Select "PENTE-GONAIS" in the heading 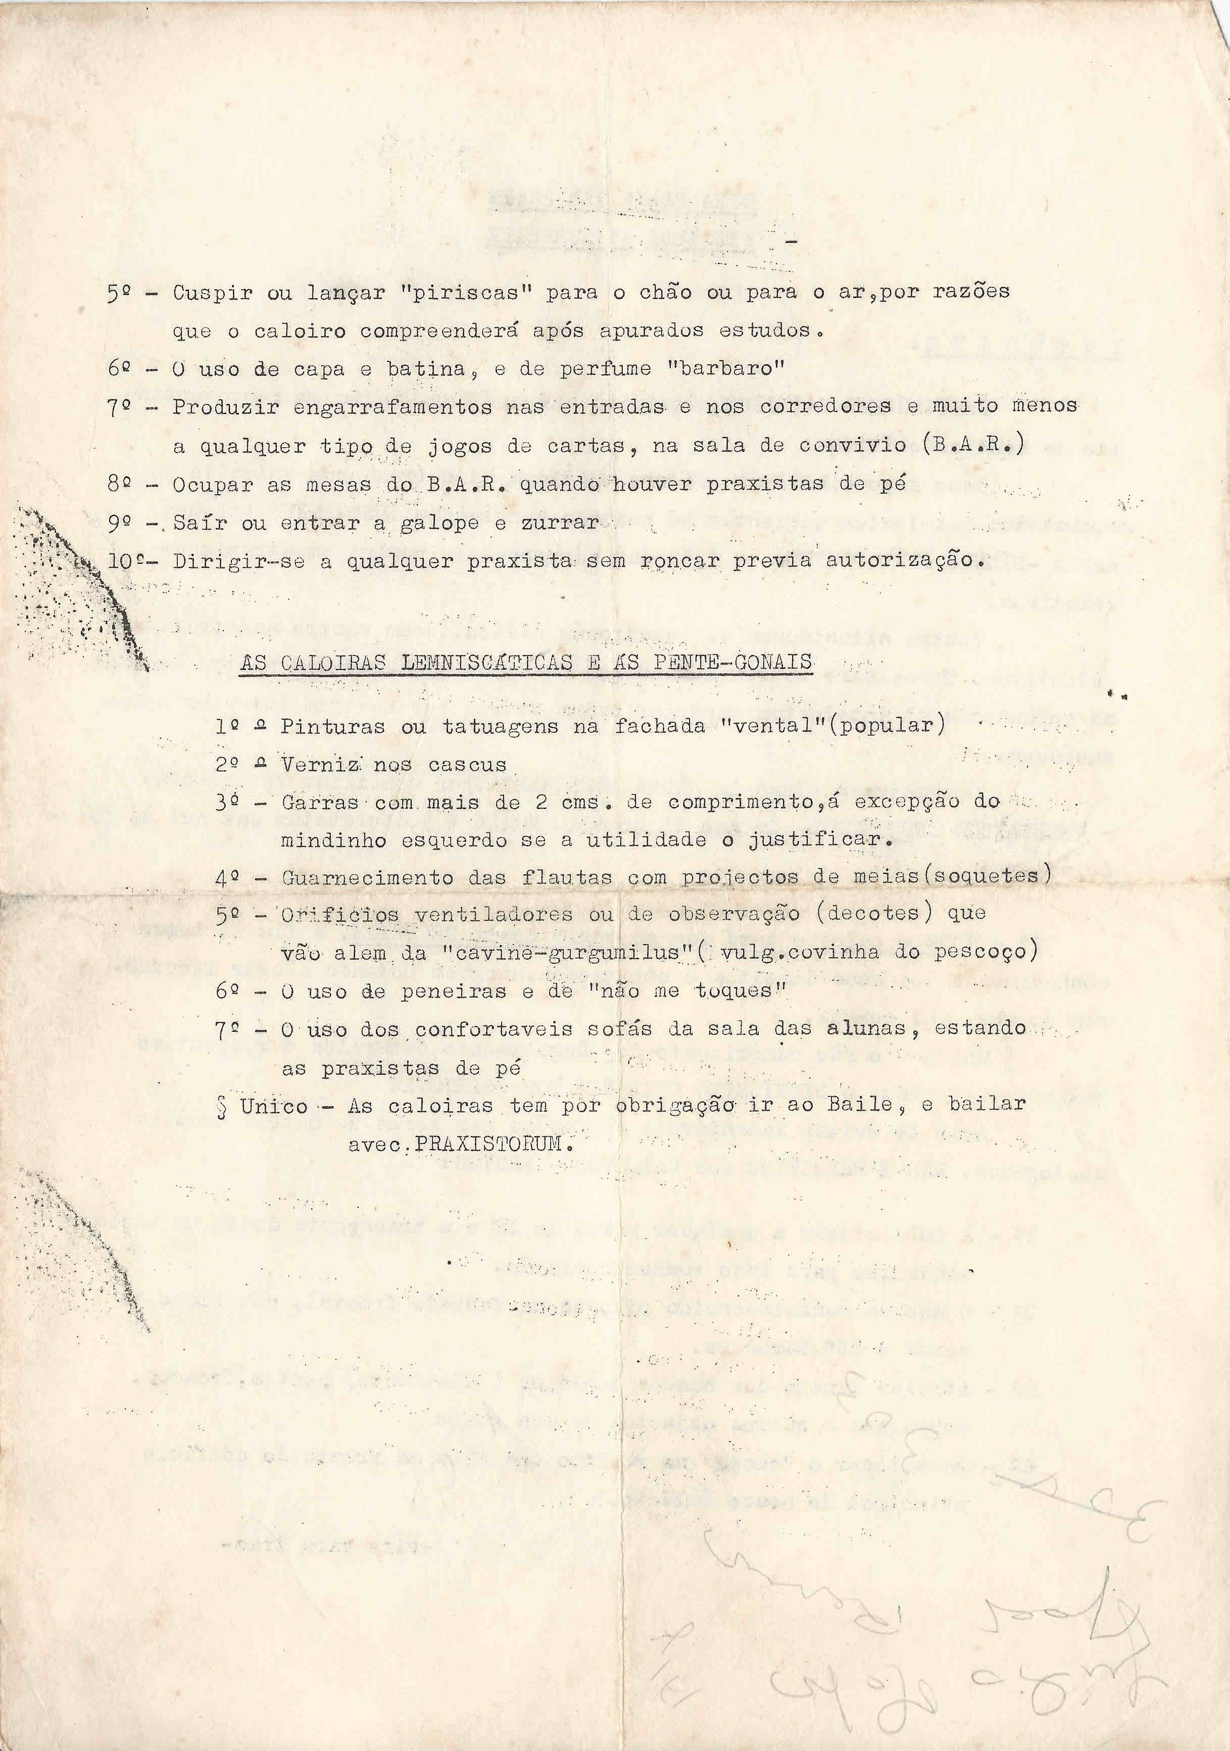pos(732,660)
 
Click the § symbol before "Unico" pos(222,1106)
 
